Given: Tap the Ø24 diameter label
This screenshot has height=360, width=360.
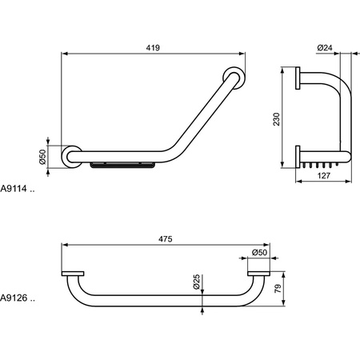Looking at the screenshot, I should pyautogui.click(x=325, y=48).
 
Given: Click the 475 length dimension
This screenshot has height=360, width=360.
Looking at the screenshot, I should pyautogui.click(x=165, y=238).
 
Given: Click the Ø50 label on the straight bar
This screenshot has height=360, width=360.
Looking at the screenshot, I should pyautogui.click(x=259, y=253).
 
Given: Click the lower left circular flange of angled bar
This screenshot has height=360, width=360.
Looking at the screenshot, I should pyautogui.click(x=71, y=155).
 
